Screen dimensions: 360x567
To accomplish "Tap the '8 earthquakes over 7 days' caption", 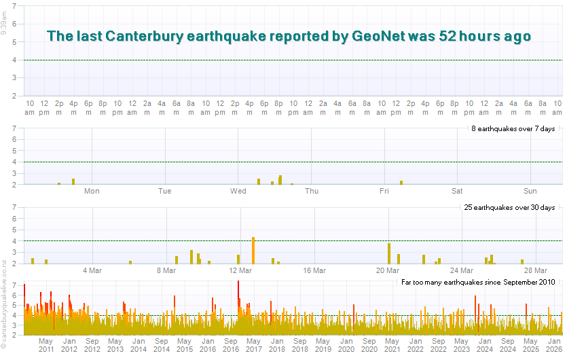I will (x=513, y=128).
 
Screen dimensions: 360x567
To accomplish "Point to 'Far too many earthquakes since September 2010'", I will (x=478, y=281).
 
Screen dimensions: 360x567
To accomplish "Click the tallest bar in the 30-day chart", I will (x=253, y=250).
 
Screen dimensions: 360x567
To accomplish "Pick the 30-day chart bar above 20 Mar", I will (x=389, y=253).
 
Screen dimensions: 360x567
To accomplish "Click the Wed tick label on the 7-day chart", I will (x=238, y=191).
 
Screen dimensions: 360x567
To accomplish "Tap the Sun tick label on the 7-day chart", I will (x=530, y=191).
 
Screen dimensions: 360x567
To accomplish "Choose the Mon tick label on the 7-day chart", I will (x=92, y=191).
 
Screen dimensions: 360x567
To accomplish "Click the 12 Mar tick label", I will (x=240, y=270).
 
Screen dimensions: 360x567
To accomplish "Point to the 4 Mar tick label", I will (x=92, y=270).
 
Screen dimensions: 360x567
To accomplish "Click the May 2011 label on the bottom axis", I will (x=46, y=344).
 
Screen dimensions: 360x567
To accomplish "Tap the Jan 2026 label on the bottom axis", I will (x=554, y=344).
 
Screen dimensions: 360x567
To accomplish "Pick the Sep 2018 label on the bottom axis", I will (x=299, y=344).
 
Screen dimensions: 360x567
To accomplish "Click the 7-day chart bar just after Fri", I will (x=401, y=182).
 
